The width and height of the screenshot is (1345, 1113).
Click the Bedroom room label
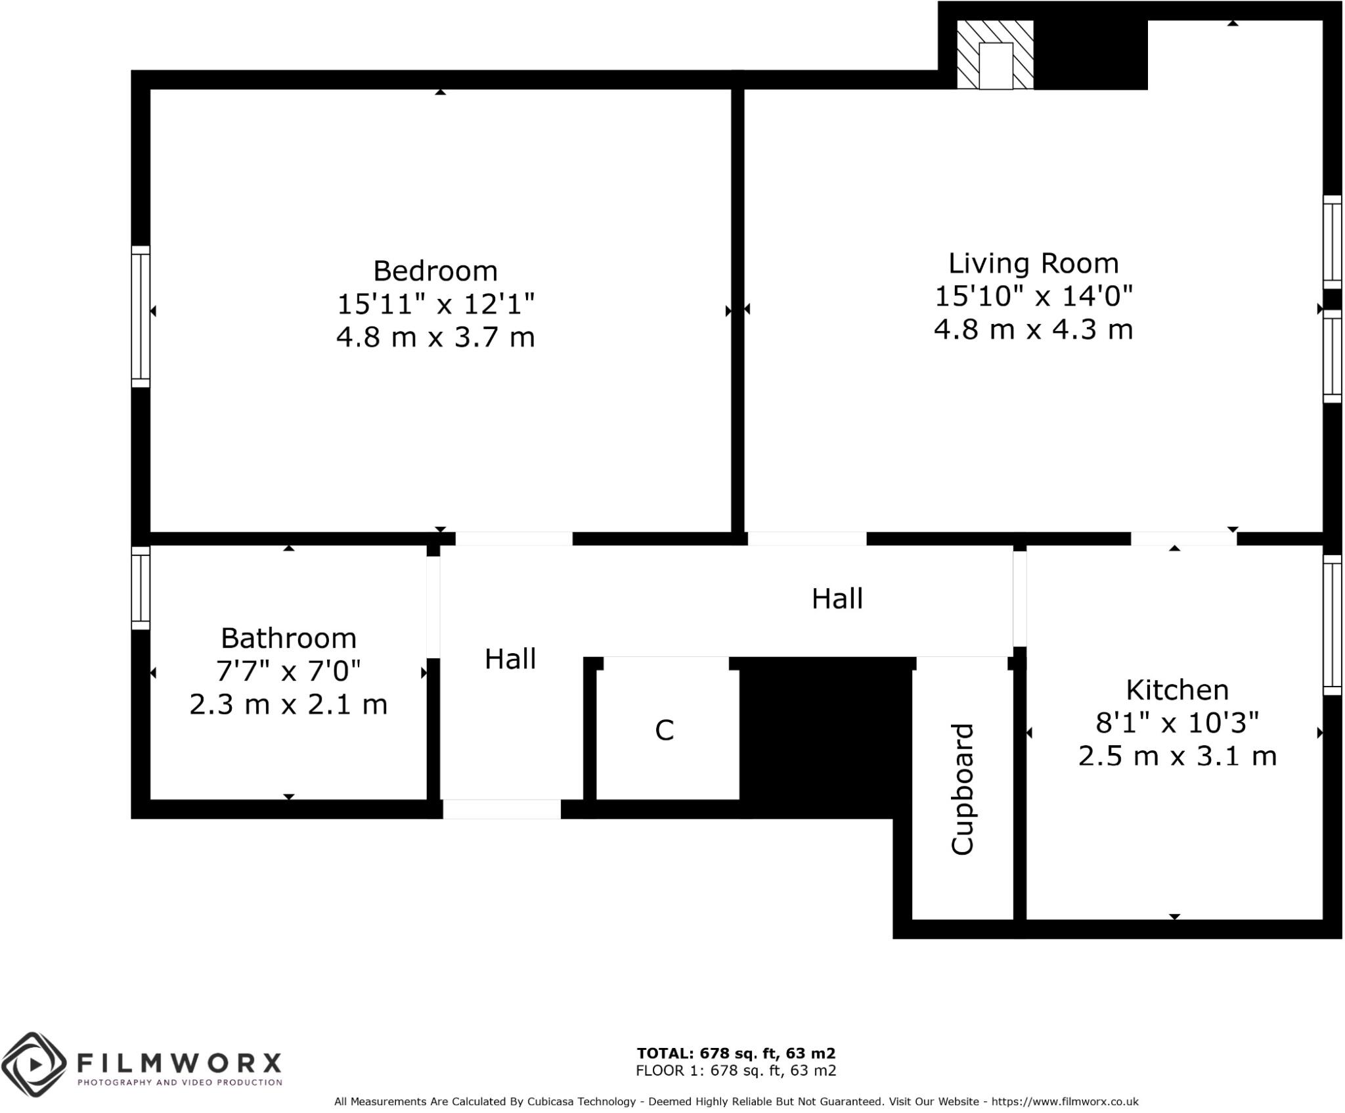(x=435, y=271)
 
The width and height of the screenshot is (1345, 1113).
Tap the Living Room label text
(x=1033, y=263)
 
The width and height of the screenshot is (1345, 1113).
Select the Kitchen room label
(x=1177, y=690)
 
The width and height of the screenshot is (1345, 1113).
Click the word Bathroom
(x=288, y=638)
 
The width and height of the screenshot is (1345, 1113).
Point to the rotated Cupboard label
(x=963, y=789)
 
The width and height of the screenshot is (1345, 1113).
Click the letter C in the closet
(x=665, y=730)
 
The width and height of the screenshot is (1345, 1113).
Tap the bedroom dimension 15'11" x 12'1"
(x=435, y=304)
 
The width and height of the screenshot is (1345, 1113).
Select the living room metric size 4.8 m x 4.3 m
(x=1033, y=329)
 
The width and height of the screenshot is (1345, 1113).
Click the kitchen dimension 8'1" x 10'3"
(x=1177, y=723)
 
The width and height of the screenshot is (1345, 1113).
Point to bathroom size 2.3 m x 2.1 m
(x=288, y=704)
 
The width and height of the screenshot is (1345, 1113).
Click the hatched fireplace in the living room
(x=995, y=55)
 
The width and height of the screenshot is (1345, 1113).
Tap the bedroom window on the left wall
(x=141, y=317)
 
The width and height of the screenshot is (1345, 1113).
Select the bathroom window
(x=141, y=588)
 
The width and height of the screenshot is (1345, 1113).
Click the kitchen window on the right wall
(x=1331, y=625)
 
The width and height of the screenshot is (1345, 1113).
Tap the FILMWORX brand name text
(x=179, y=1062)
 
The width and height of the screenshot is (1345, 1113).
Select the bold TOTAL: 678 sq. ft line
(x=736, y=1053)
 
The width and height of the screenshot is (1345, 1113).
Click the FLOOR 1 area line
(x=736, y=1071)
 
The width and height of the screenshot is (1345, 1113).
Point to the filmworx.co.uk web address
(x=1065, y=1102)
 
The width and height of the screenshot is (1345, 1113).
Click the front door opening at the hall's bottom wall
(x=502, y=809)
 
